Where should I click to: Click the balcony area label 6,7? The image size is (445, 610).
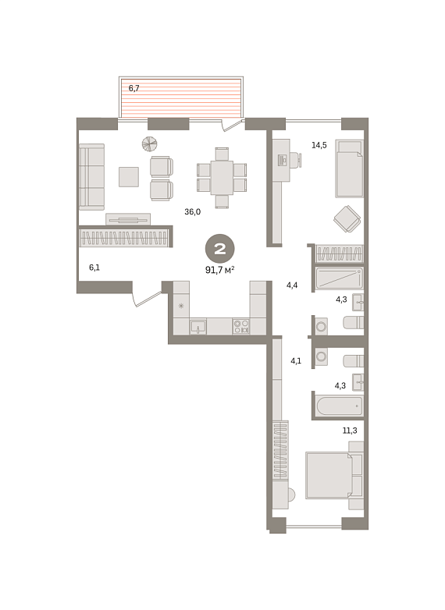click(134, 88)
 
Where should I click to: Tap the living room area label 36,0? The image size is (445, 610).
click(192, 211)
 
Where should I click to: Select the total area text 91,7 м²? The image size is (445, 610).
click(219, 270)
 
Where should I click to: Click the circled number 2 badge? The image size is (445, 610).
click(220, 249)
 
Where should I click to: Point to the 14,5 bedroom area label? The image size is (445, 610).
click(319, 145)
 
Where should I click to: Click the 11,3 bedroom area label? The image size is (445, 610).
click(350, 431)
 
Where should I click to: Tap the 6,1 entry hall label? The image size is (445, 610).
click(94, 268)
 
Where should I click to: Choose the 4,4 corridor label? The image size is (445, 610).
click(292, 285)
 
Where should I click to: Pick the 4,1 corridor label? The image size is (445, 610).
click(296, 360)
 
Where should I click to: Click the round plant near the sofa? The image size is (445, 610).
click(149, 144)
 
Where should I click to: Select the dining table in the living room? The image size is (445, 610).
click(222, 177)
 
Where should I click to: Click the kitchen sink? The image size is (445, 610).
click(198, 327)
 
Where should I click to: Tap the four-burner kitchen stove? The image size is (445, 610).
click(241, 326)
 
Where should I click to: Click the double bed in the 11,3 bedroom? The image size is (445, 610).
click(334, 475)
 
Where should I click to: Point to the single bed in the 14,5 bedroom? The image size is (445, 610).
click(349, 168)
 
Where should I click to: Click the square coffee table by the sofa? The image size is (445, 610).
click(129, 176)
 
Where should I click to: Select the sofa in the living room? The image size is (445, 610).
click(91, 177)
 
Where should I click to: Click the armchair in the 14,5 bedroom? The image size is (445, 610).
click(347, 219)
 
